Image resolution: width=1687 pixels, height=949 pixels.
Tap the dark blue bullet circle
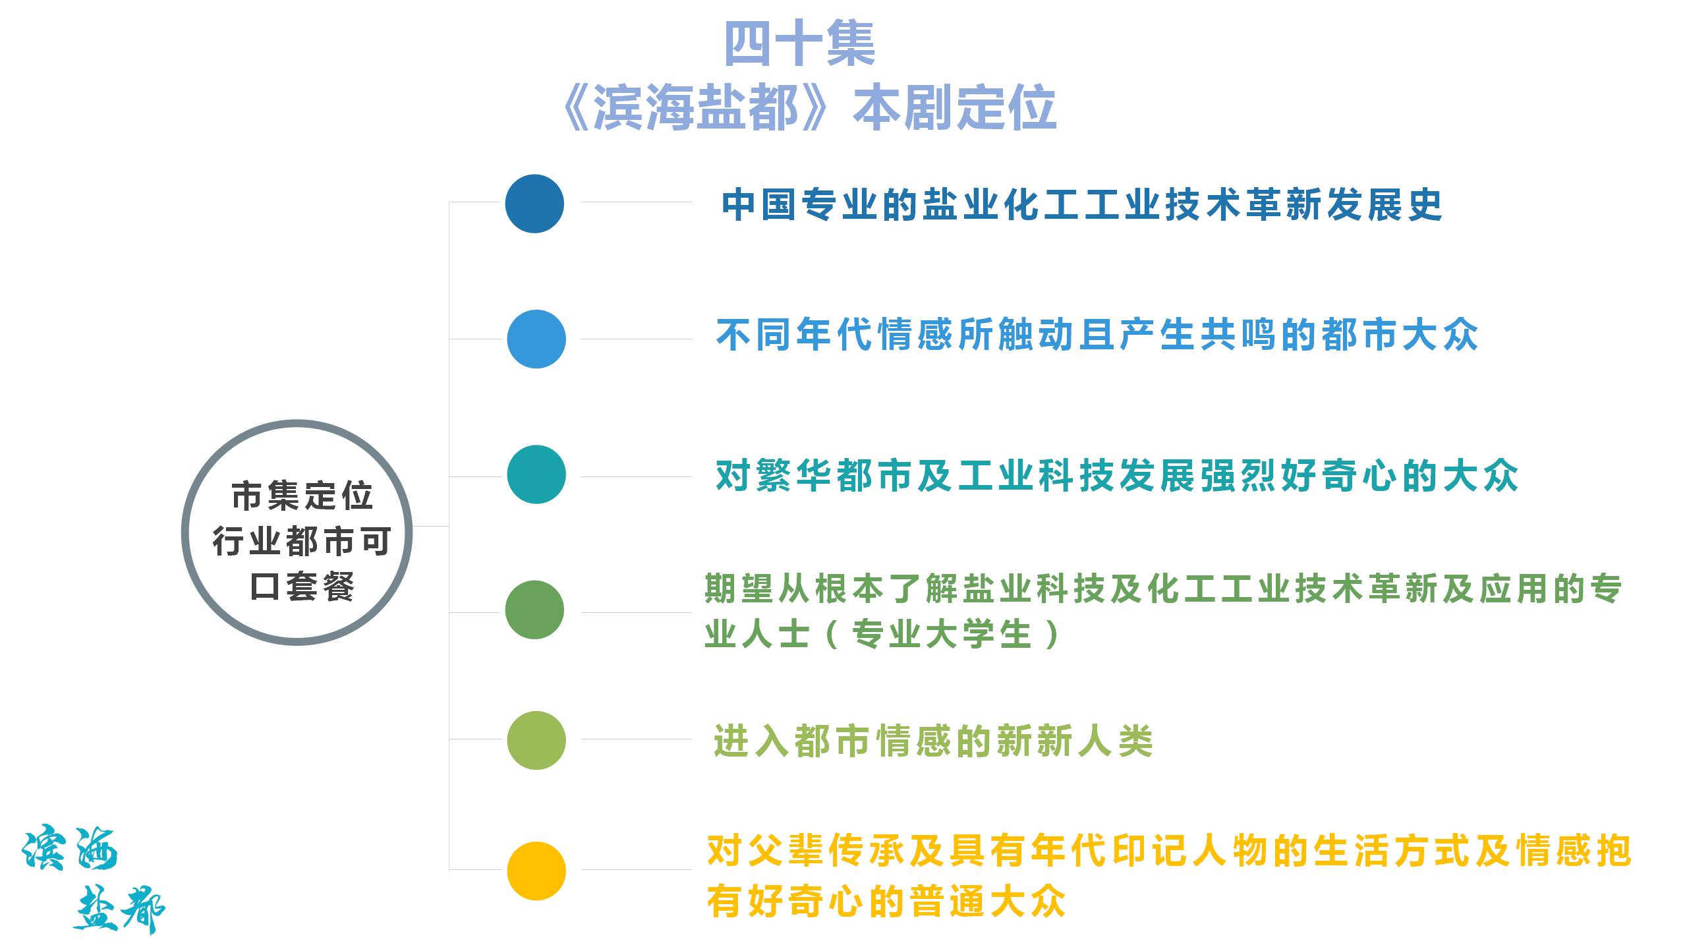534,204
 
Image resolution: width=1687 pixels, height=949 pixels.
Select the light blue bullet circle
536,339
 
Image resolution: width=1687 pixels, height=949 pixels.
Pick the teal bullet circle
536,474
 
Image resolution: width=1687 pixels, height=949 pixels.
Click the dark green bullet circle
534,610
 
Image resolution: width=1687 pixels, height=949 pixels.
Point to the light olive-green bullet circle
536,740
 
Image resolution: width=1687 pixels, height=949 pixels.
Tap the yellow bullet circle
536,871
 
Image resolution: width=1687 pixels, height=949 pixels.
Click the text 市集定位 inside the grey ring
302,496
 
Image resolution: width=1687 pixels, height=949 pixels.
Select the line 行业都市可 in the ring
302,542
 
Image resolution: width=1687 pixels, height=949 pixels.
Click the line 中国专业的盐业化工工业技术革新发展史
1082,205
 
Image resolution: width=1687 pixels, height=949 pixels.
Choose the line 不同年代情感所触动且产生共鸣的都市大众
1097,335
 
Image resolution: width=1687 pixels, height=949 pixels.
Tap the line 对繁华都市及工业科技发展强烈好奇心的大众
1117,476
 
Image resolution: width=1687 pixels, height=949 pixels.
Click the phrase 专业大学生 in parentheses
941,634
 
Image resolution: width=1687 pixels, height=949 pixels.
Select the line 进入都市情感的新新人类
934,741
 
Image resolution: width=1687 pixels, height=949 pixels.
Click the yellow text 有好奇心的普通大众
886,902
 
